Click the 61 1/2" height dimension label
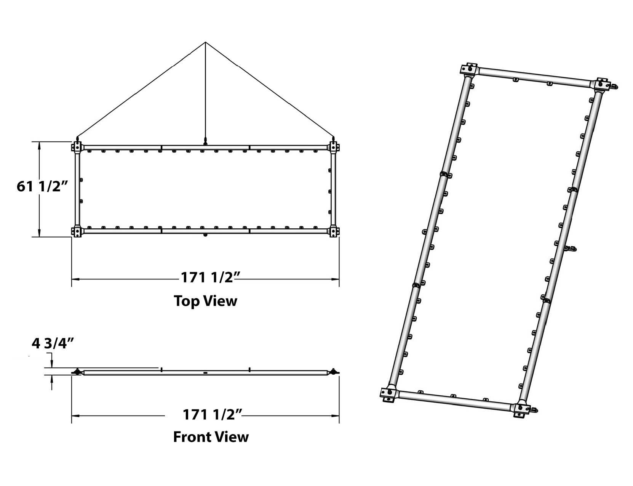tap(42, 186)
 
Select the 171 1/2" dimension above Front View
tap(212, 414)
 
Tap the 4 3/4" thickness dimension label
tap(53, 343)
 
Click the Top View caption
tap(206, 301)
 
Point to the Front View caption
tap(211, 437)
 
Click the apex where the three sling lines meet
tap(206, 42)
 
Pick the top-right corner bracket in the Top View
tap(334, 147)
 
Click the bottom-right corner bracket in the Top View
tap(334, 231)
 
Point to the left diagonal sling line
tap(141, 89)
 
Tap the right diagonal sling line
tap(270, 89)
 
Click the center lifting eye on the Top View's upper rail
tap(206, 142)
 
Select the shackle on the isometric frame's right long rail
tap(571, 249)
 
